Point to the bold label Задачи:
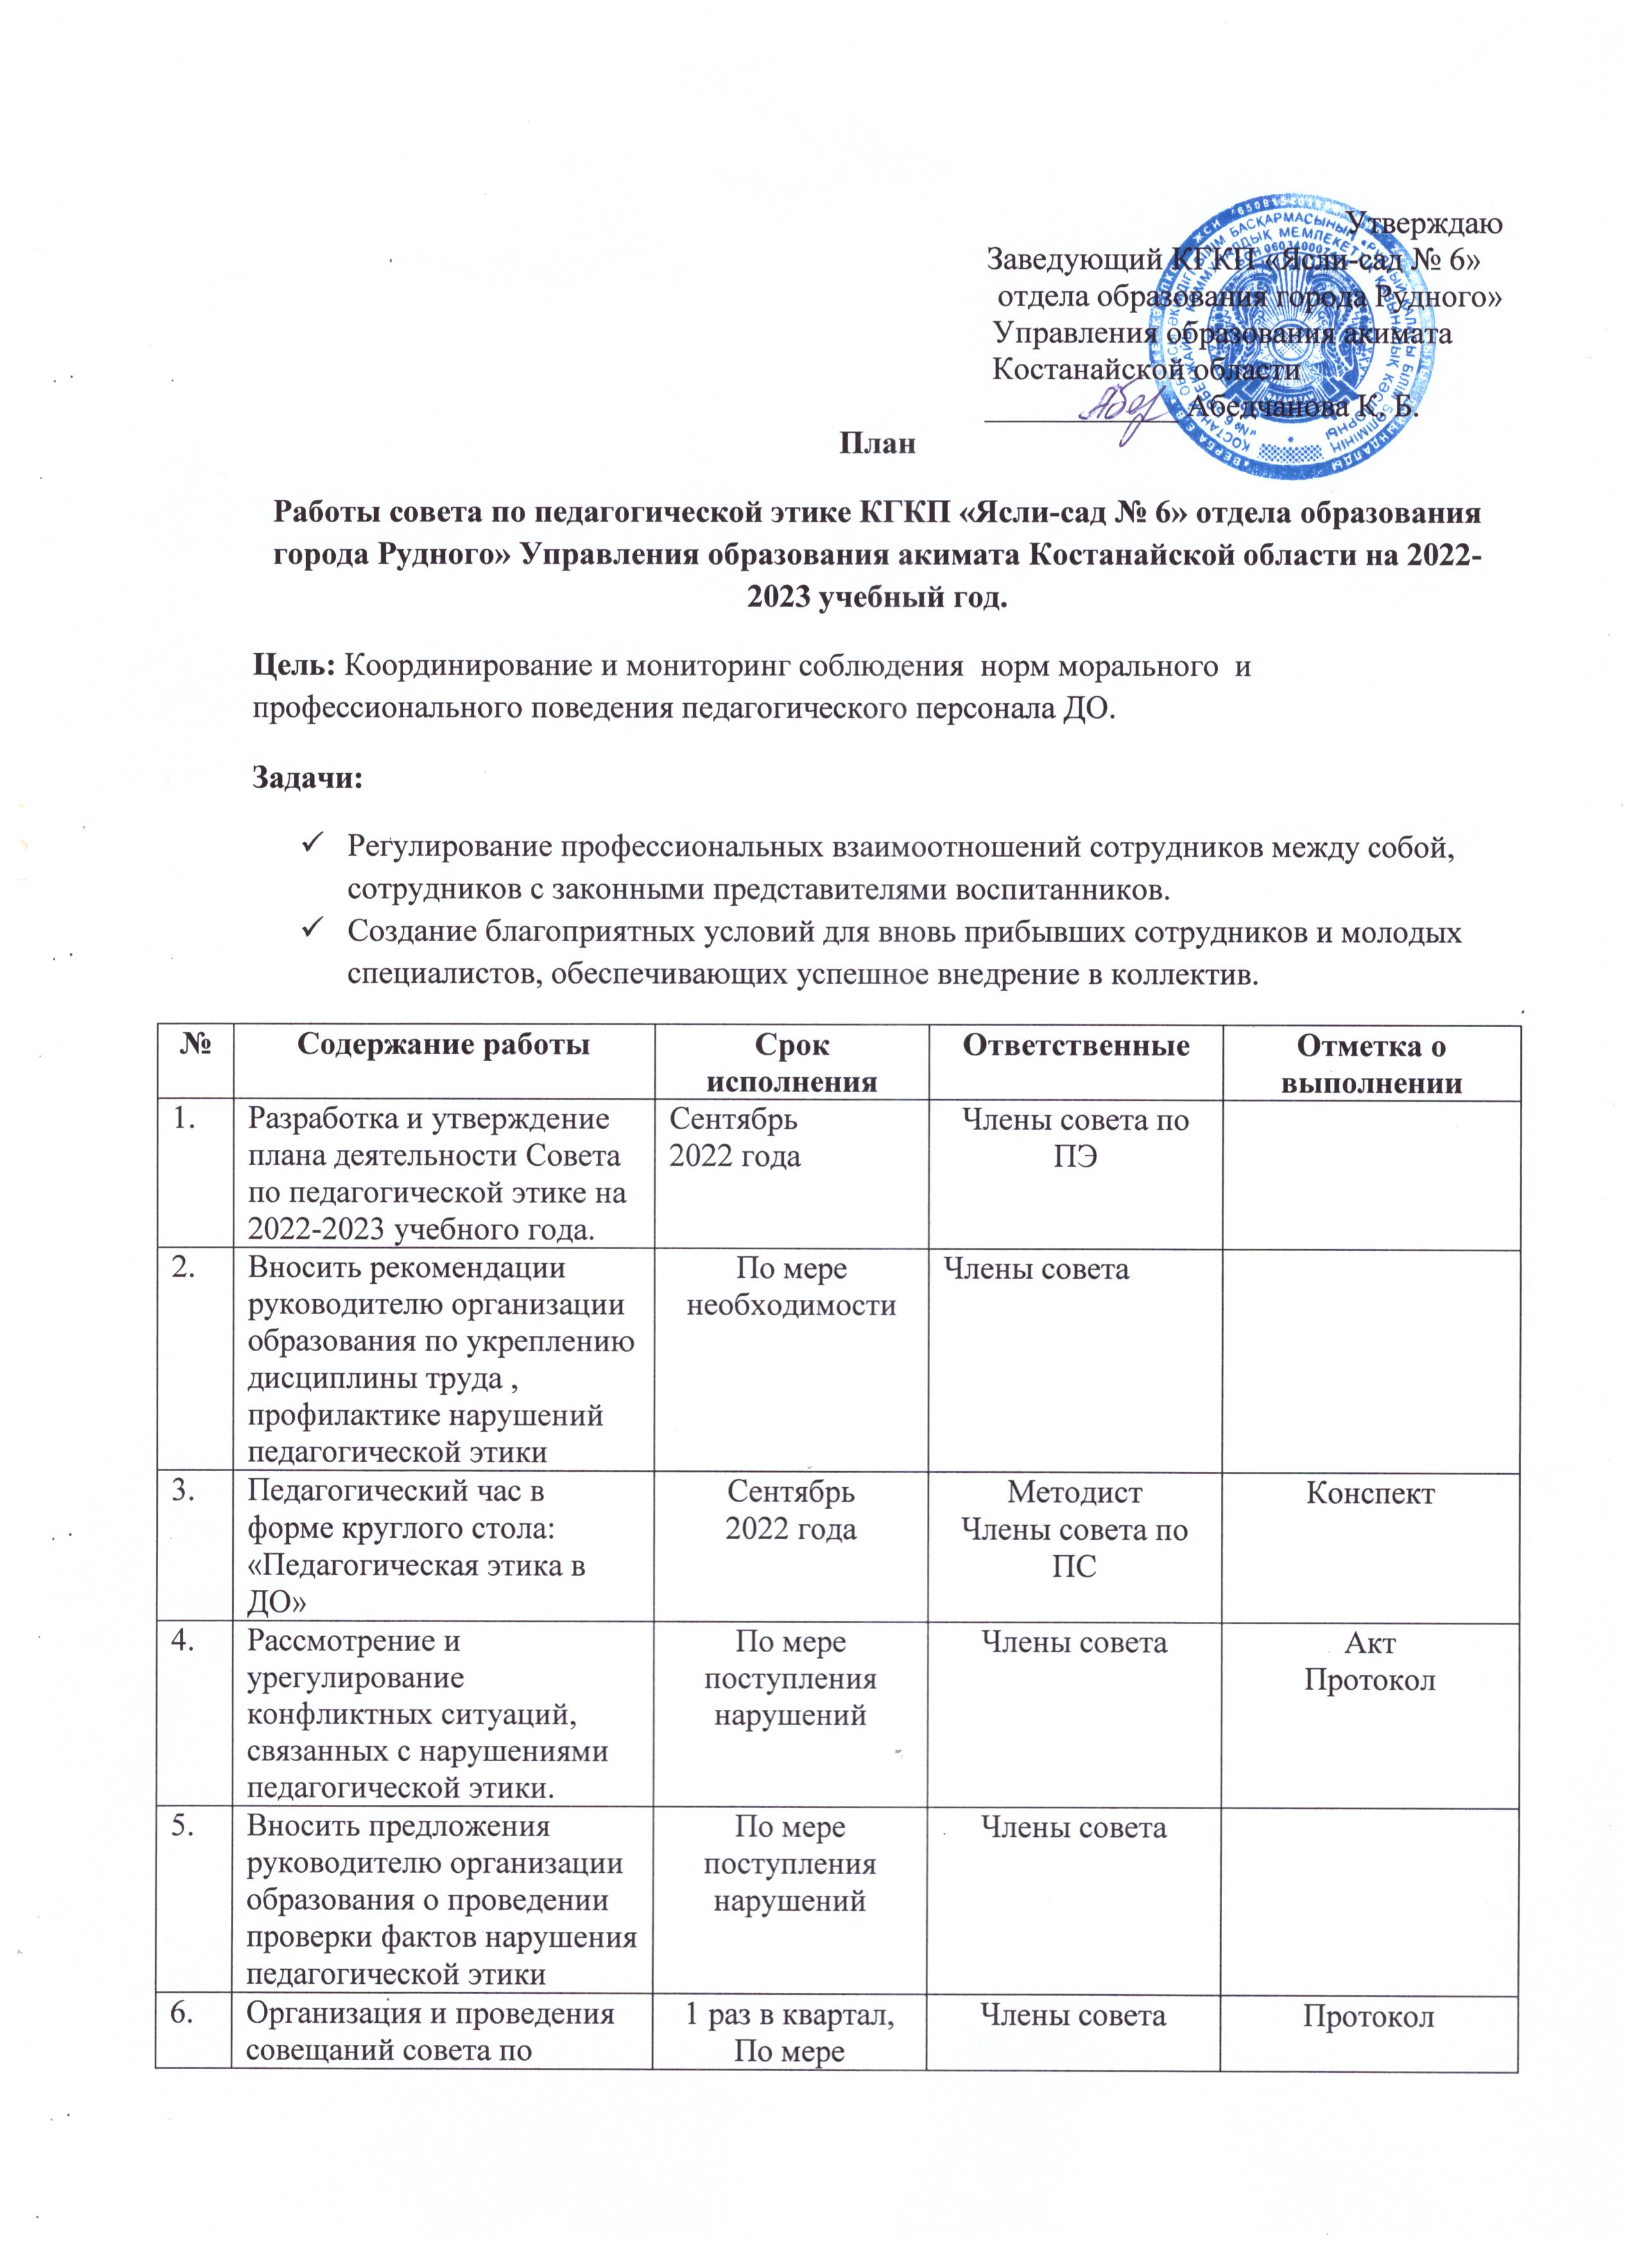point(308,778)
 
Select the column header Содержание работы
point(443,1046)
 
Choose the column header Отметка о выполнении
point(1371,1064)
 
